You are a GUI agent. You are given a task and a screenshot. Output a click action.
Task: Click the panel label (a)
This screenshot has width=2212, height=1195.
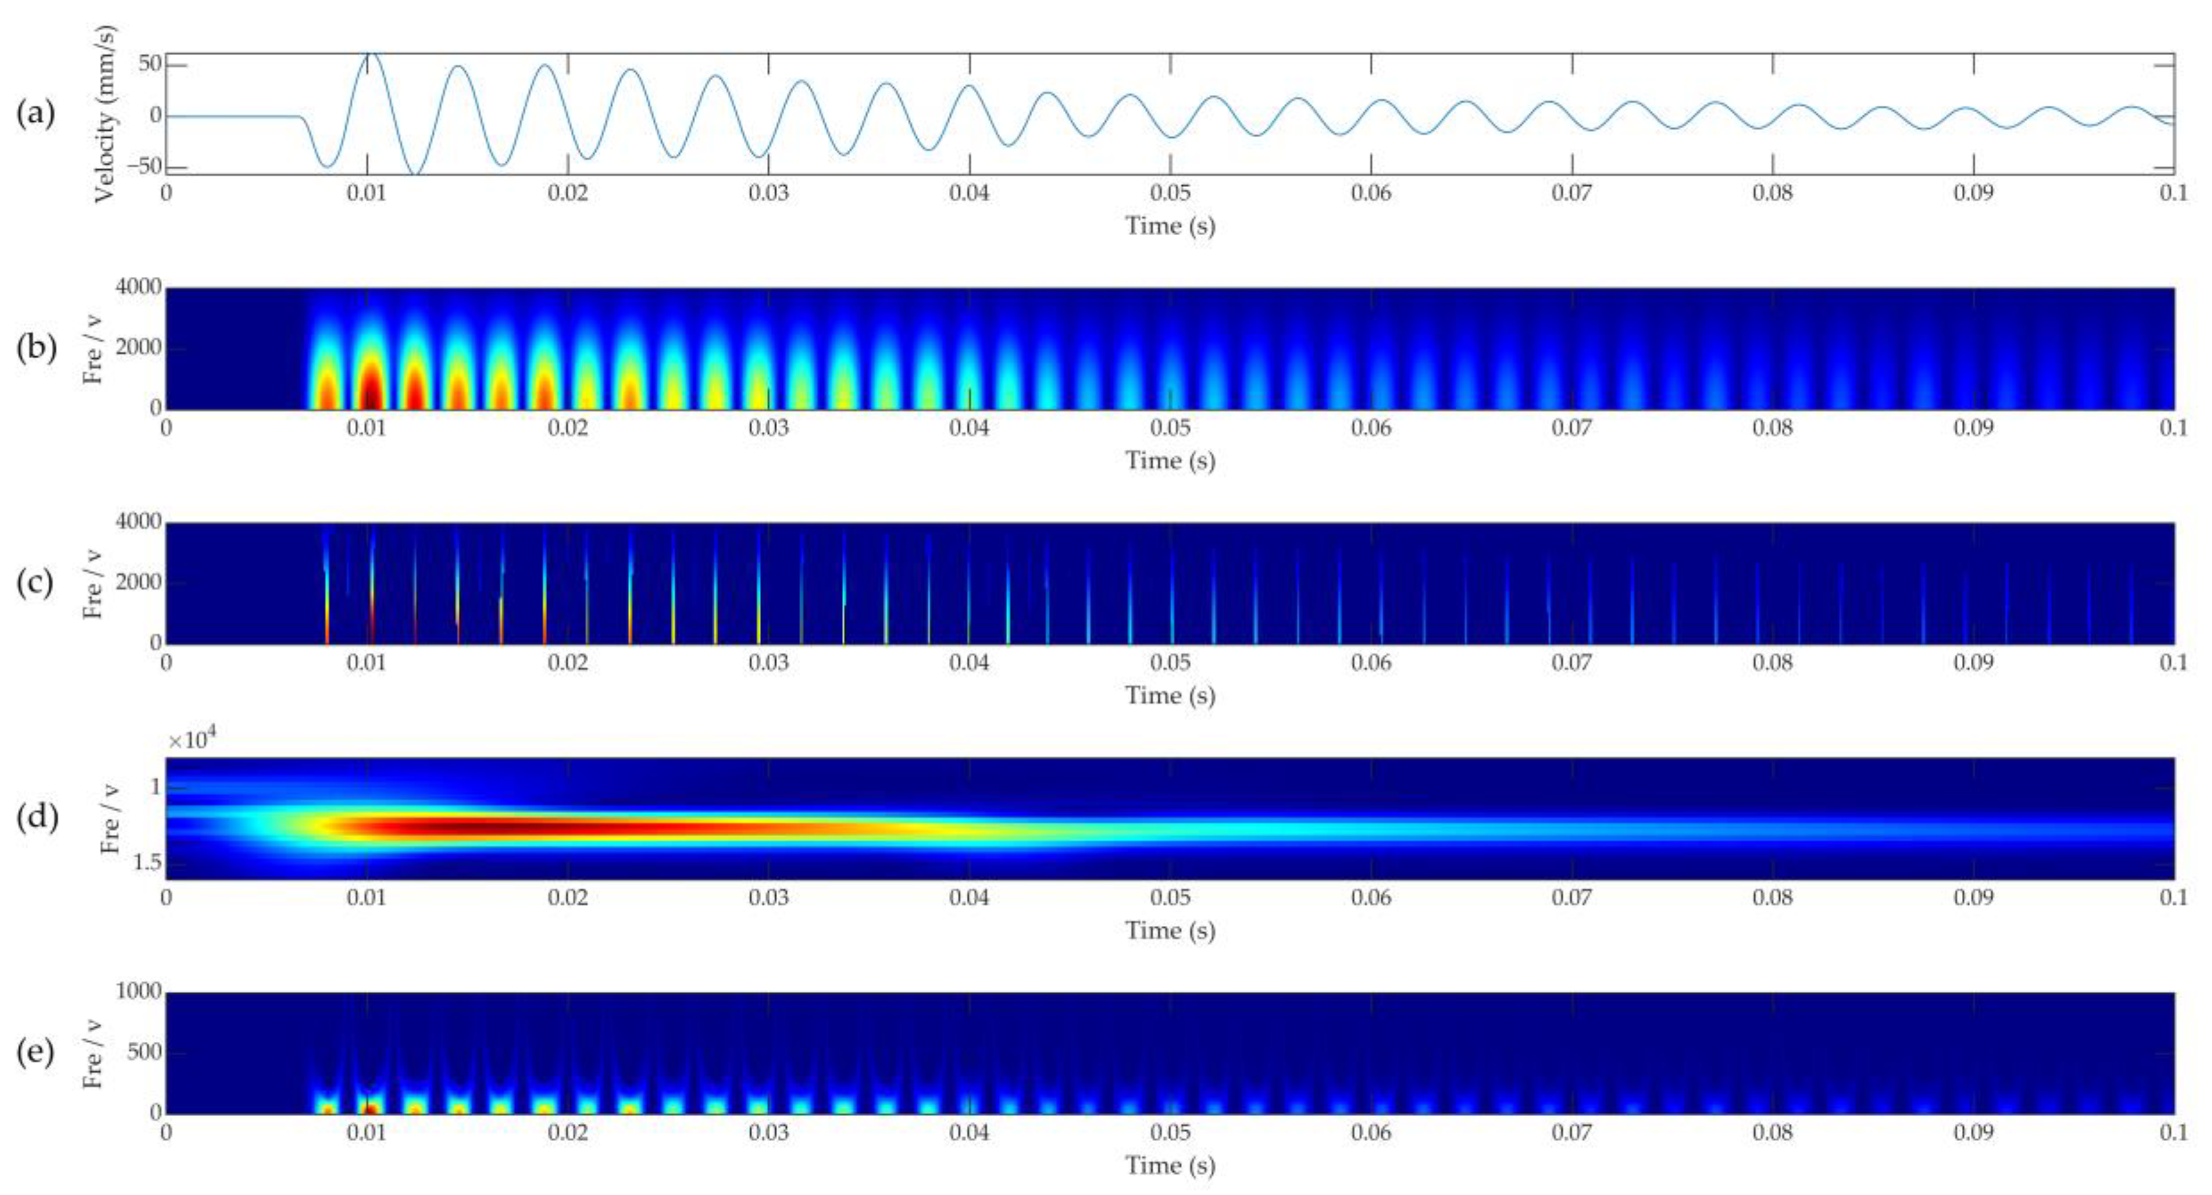35,114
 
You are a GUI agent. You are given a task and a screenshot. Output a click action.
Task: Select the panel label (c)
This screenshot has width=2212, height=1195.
35,583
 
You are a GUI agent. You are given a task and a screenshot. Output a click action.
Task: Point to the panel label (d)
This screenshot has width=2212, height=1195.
35,817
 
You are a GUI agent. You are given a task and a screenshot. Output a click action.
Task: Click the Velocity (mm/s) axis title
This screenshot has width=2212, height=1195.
105,114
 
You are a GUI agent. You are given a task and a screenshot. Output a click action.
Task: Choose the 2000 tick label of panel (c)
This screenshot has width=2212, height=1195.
138,583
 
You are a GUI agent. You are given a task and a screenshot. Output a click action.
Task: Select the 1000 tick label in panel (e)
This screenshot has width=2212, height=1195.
138,992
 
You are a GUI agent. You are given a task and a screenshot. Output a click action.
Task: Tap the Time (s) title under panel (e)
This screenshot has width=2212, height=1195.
1170,1165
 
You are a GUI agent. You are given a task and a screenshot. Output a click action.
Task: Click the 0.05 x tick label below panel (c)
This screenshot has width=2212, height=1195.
1170,663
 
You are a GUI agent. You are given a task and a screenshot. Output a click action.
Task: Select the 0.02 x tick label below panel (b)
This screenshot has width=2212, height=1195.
567,428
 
